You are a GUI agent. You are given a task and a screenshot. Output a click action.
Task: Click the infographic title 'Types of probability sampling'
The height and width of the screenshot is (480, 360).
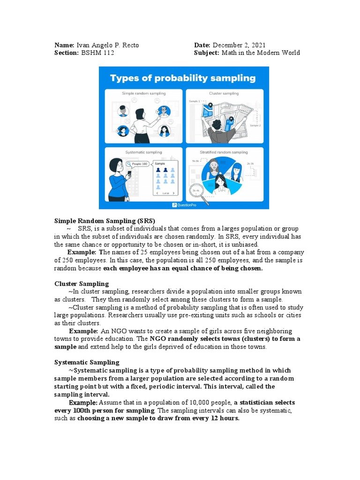tap(183, 78)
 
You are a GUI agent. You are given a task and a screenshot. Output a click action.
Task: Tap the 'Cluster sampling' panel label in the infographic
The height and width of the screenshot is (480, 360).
tap(224, 93)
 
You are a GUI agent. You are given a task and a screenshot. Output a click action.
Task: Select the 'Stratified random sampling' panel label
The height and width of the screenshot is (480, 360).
tap(224, 152)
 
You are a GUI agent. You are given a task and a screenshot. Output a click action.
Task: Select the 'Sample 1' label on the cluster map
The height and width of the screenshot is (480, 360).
tap(194, 101)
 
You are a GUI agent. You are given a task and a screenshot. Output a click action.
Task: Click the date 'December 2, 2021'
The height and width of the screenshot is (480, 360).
tap(239, 45)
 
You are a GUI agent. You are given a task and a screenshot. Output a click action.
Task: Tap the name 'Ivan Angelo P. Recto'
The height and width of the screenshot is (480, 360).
tap(107, 45)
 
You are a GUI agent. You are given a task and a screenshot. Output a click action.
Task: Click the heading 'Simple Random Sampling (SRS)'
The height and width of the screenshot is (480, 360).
tap(104, 221)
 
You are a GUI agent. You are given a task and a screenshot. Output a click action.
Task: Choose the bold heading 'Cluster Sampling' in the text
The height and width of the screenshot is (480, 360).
tap(82, 284)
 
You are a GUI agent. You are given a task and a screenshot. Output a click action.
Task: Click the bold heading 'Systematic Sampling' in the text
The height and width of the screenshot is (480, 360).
tap(87, 362)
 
